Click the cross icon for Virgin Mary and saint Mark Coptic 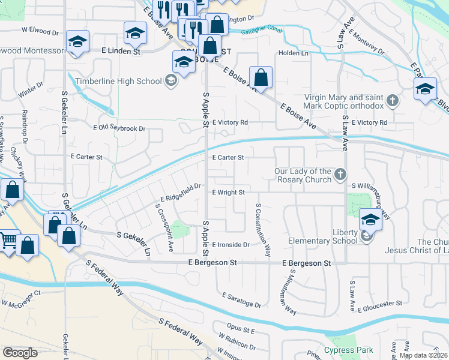click(393, 101)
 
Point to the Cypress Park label click(349, 350)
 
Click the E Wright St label click(229, 193)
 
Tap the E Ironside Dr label click(231, 245)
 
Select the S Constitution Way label click(263, 230)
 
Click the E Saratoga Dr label click(241, 301)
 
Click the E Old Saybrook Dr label click(120, 128)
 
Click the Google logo click(20, 352)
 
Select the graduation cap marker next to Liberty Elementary click(370, 220)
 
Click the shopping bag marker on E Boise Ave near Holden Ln click(261, 77)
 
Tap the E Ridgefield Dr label click(180, 192)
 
